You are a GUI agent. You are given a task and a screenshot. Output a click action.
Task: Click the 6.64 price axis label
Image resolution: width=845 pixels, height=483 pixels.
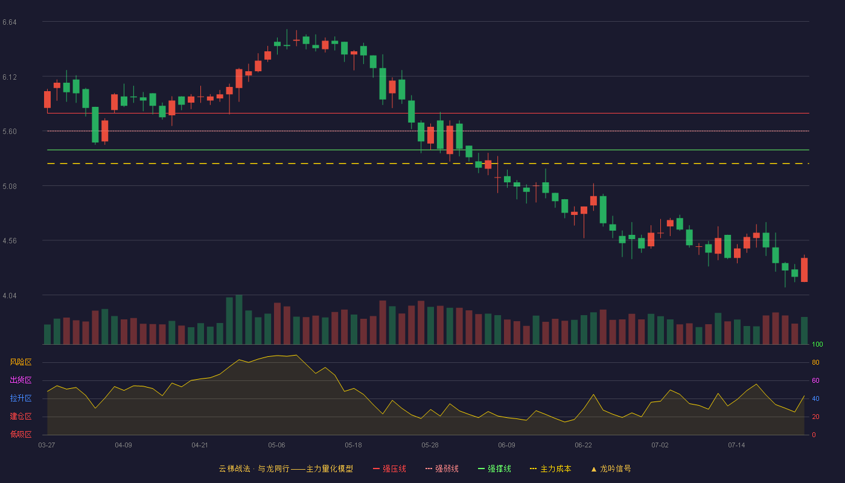click(10, 22)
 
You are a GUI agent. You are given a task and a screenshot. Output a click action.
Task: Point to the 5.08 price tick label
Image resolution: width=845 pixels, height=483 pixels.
click(10, 187)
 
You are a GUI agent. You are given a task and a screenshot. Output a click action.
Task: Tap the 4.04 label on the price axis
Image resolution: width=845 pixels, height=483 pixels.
click(10, 296)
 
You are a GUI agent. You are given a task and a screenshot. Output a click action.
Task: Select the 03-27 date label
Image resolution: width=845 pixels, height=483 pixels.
click(47, 446)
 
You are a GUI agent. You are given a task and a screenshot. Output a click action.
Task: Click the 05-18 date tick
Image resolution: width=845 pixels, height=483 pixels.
click(353, 446)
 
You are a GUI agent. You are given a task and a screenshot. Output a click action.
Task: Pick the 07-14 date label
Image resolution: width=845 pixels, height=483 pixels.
click(736, 446)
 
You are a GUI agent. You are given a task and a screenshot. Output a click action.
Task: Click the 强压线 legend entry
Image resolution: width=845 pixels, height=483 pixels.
click(389, 469)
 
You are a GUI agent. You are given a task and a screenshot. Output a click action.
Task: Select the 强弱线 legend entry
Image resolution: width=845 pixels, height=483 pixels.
click(442, 469)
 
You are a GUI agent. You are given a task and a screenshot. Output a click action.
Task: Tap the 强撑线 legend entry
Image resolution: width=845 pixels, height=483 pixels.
click(494, 469)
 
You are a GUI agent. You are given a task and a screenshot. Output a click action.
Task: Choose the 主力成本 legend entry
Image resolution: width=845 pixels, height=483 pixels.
click(550, 469)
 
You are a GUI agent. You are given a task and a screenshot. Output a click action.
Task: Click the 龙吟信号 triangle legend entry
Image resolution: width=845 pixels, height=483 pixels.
click(611, 469)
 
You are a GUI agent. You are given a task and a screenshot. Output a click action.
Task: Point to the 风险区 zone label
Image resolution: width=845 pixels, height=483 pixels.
click(21, 362)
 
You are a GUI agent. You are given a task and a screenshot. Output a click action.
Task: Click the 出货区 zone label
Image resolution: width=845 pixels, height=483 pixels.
click(21, 380)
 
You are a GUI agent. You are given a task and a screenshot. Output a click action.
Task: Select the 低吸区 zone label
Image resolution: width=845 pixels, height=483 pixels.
click(21, 434)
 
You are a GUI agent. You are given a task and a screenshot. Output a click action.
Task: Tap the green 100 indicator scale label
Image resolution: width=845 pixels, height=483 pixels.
click(817, 344)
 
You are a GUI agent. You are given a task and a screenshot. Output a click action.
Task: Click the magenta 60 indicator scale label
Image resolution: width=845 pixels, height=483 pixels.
click(815, 380)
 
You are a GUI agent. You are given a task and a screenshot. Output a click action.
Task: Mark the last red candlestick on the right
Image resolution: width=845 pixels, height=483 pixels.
click(804, 270)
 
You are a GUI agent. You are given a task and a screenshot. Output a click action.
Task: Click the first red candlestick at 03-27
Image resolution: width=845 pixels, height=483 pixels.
click(47, 100)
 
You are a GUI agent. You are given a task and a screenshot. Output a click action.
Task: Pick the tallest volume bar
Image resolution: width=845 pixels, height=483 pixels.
click(239, 319)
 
